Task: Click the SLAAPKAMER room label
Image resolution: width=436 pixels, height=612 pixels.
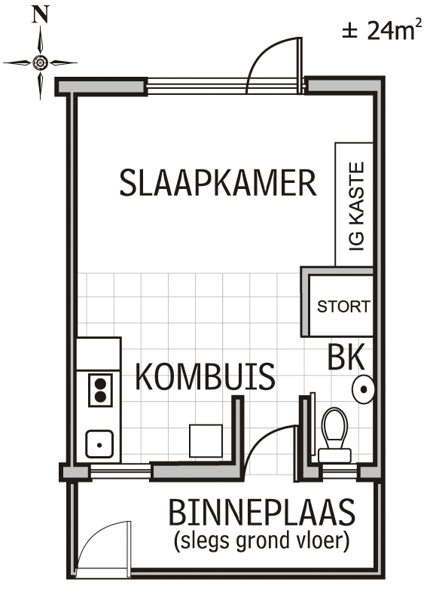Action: (218, 183)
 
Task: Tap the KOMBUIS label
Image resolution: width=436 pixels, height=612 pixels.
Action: (205, 376)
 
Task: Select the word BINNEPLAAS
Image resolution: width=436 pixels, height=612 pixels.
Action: (261, 512)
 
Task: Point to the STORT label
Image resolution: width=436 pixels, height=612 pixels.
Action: (343, 306)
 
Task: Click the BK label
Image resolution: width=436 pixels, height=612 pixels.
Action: (346, 357)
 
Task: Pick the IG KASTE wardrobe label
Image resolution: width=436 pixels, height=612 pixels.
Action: (357, 206)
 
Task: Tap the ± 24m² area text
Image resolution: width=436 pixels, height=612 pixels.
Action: (382, 29)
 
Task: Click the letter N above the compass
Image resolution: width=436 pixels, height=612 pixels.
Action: (40, 16)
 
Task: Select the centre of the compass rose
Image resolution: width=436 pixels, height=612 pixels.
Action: (40, 62)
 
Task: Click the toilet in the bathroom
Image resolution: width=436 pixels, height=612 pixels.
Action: (334, 434)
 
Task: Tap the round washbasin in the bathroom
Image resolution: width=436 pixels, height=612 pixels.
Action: (363, 389)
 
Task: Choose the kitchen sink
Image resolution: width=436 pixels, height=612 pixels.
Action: (99, 444)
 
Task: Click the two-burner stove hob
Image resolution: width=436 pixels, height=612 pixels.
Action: (100, 390)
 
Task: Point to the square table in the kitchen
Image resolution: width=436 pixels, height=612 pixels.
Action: (206, 440)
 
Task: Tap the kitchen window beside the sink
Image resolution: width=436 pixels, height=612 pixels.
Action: (120, 471)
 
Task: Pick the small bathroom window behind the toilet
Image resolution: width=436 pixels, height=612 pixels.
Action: (338, 471)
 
